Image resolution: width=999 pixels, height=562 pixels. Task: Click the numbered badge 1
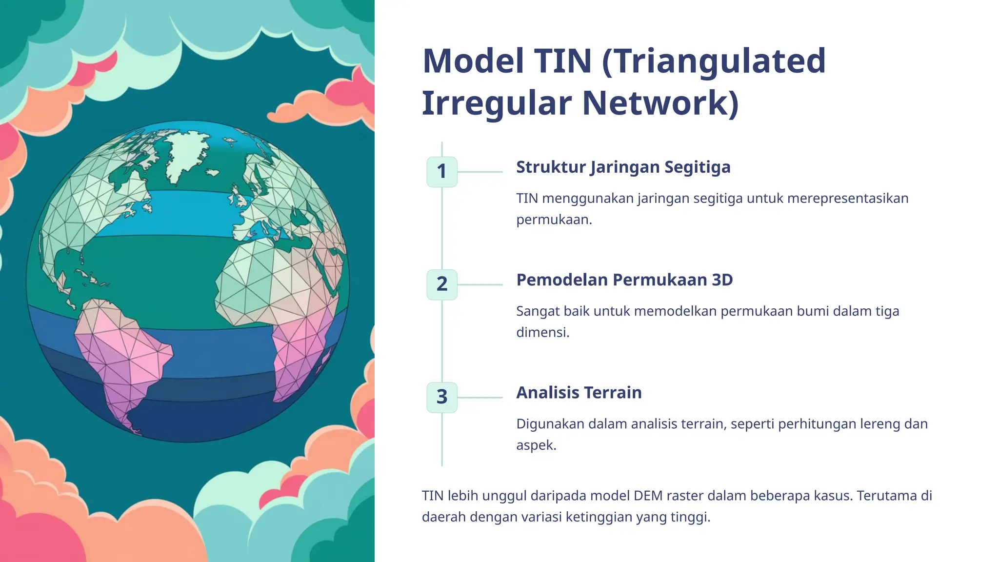click(442, 172)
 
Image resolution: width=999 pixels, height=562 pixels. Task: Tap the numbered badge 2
click(442, 284)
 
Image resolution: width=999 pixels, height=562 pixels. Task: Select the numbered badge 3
click(442, 397)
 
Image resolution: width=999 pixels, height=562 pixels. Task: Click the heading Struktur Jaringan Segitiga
click(623, 167)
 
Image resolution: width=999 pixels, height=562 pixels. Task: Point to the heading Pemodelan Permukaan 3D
click(624, 280)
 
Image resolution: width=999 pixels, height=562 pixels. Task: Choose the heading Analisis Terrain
click(579, 393)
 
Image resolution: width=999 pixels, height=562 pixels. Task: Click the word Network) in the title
click(660, 103)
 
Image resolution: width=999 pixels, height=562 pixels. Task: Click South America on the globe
click(122, 351)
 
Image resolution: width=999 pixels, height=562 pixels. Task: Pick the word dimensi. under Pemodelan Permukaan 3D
click(543, 333)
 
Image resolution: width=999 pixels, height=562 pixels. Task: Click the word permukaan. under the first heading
click(554, 220)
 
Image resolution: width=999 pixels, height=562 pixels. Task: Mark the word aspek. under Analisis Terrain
click(536, 445)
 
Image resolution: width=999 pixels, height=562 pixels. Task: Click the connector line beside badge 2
click(480, 284)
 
